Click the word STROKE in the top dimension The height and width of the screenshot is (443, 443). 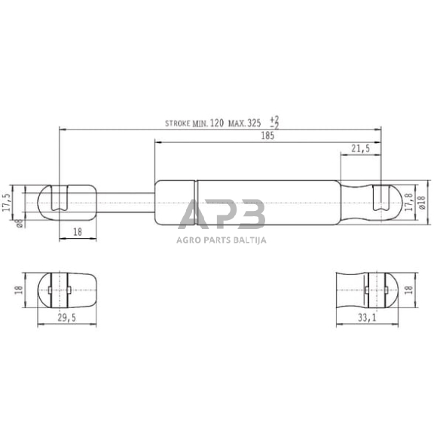pos(179,122)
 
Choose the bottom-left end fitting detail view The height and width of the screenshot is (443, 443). pos(63,290)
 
